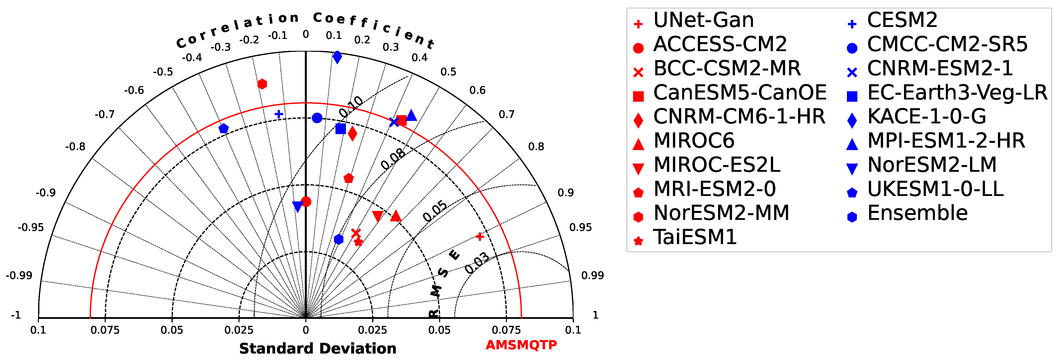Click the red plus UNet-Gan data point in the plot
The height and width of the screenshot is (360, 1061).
pyautogui.click(x=480, y=236)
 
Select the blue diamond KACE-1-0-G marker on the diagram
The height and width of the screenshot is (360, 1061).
pyautogui.click(x=337, y=57)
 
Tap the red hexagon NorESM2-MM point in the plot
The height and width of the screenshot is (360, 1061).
pyautogui.click(x=262, y=84)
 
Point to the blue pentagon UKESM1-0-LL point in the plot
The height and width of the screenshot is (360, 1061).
pyautogui.click(x=224, y=128)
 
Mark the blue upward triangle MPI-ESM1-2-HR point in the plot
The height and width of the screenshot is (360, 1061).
pyautogui.click(x=411, y=116)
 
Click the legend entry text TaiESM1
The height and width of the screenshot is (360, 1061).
pyautogui.click(x=695, y=237)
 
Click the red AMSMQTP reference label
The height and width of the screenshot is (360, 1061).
pyautogui.click(x=521, y=345)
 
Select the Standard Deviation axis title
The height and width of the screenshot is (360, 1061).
pyautogui.click(x=318, y=349)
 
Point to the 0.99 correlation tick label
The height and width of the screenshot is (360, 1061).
pyautogui.click(x=592, y=275)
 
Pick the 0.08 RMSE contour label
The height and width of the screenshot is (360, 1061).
pyautogui.click(x=393, y=159)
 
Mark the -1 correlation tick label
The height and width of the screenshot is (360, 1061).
pyautogui.click(x=16, y=315)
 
